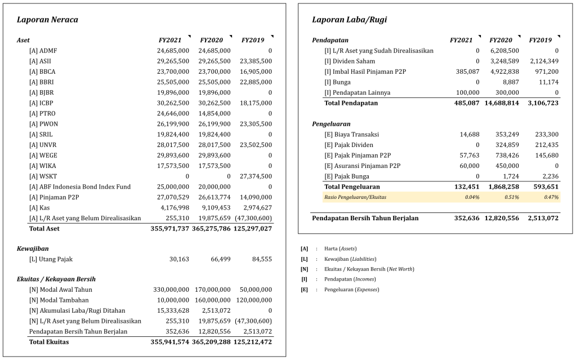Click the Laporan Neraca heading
point(47,20)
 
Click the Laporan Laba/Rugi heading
point(349,20)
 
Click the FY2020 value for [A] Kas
point(215,208)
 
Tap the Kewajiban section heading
point(33,248)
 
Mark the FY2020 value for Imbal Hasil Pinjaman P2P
point(501,72)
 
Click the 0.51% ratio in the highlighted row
point(512,197)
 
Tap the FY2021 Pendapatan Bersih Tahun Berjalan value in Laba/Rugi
point(467,218)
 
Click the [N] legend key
point(305,269)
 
